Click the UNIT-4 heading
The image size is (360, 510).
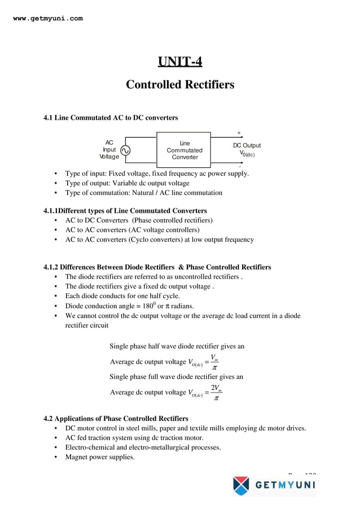179,62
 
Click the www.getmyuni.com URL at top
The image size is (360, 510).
47,18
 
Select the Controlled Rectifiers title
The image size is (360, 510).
179,85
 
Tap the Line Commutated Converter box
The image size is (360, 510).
184,150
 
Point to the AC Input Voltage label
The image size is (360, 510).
109,150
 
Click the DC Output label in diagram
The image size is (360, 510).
247,146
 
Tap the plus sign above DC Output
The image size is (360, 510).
239,133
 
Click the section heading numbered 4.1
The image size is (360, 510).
111,117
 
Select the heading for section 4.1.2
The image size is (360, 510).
157,267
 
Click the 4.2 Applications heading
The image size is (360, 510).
116,419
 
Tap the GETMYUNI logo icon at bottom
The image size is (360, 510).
241,485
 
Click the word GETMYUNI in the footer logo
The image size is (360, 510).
285,485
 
